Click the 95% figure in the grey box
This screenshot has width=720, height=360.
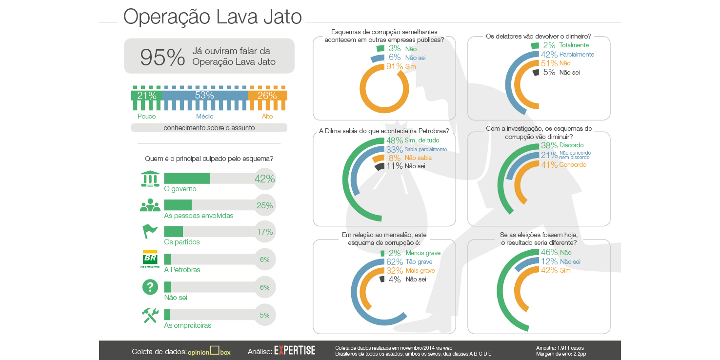click(162, 57)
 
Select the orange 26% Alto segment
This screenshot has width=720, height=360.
click(267, 96)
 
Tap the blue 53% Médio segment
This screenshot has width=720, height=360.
click(205, 96)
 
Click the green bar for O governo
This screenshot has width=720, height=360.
click(187, 179)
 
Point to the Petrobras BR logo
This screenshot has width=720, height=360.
click(150, 259)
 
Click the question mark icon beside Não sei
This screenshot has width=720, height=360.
click(150, 287)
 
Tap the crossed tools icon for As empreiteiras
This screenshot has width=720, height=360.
click(150, 315)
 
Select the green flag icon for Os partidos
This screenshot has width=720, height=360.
click(150, 231)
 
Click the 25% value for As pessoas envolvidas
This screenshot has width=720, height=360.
click(264, 205)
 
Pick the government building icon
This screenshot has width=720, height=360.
click(150, 179)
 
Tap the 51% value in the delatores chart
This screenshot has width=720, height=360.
click(549, 63)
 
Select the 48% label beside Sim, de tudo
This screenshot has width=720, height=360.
click(395, 140)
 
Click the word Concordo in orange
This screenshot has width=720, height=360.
click(573, 165)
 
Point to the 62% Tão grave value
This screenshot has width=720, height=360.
click(395, 262)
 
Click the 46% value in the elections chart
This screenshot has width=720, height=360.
click(549, 252)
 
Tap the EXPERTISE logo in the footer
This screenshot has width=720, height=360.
click(295, 351)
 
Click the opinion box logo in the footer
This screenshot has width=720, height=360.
click(209, 352)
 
